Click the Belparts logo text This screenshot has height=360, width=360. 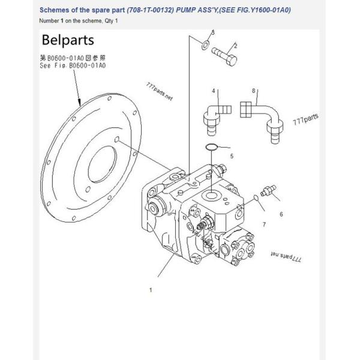68,41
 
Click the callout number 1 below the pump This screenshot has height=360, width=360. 151,290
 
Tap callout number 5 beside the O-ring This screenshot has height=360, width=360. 232,156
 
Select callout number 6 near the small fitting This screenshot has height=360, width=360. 281,214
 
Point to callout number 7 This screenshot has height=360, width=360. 264,224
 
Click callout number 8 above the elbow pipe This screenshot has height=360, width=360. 253,91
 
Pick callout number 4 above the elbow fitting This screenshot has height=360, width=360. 213,91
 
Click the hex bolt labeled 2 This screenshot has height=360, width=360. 224,56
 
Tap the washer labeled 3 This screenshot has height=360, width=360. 205,45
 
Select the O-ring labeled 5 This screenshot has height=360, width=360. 211,147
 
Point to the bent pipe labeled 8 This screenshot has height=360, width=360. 262,122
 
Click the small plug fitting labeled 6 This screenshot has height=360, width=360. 268,190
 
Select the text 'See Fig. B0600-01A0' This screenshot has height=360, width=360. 73,65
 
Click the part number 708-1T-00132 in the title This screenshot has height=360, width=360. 151,10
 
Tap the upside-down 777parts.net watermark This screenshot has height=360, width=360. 286,256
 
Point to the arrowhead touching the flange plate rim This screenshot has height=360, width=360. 79,103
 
